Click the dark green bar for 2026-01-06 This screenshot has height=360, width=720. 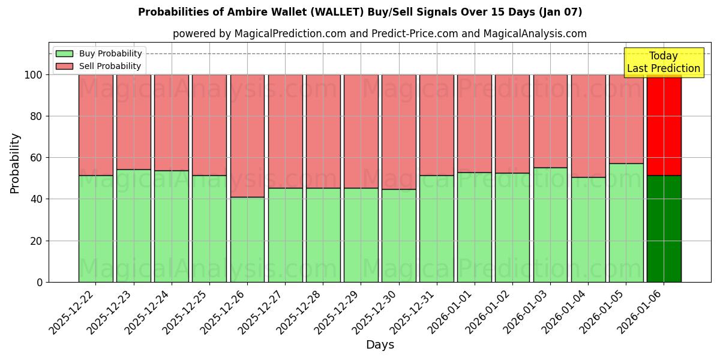click(664, 229)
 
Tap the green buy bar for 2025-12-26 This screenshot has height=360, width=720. click(247, 239)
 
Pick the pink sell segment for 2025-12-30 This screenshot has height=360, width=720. click(398, 132)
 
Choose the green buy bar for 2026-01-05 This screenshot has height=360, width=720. click(626, 223)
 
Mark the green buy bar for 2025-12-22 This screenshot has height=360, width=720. click(95, 229)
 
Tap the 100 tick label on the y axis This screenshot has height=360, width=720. click(33, 75)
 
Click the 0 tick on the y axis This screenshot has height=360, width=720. click(40, 282)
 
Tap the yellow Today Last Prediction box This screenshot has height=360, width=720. click(663, 62)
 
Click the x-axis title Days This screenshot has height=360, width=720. click(380, 345)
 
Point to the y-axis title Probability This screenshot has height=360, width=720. click(15, 163)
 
